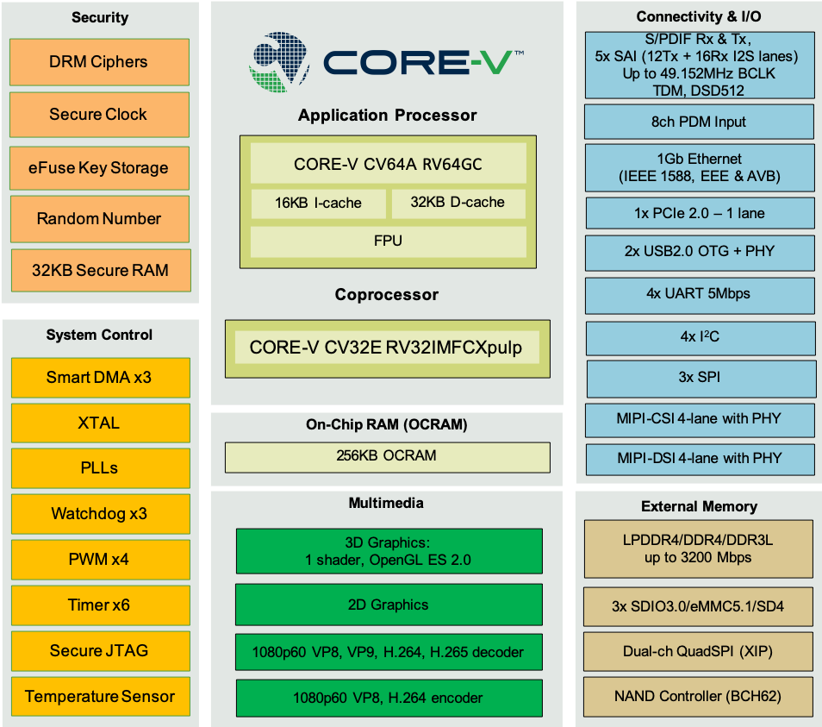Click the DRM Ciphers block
click(99, 62)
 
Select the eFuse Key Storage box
click(99, 168)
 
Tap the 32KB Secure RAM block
click(99, 270)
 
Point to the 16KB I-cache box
click(318, 204)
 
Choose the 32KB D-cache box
click(458, 203)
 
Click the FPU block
click(388, 241)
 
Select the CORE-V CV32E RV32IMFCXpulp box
click(386, 348)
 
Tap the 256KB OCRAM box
click(387, 456)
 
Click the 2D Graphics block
click(389, 605)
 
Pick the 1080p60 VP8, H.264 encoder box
click(389, 698)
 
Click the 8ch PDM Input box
click(699, 122)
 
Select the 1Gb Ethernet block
click(699, 167)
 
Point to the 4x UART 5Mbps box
click(699, 294)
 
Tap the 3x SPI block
click(699, 378)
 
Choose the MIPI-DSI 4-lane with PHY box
click(699, 458)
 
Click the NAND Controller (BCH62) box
click(698, 696)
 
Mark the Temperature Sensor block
click(100, 697)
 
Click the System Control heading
click(99, 335)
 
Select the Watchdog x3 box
click(99, 514)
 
